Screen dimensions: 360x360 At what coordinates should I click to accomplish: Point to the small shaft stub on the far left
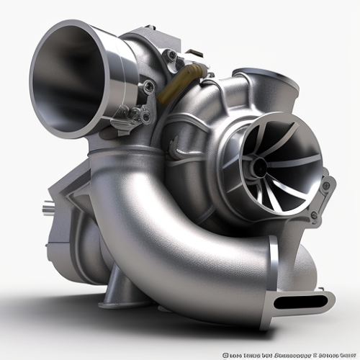47,210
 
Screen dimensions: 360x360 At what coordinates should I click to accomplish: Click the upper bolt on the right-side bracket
325,186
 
